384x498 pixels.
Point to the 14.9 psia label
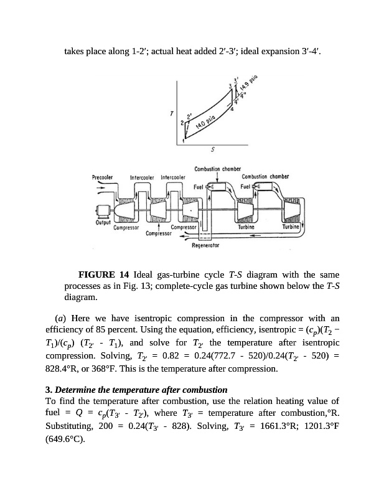pos(249,85)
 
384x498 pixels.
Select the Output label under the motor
pos(103,222)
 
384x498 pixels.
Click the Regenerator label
pos(205,245)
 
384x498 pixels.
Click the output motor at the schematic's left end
pos(101,210)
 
